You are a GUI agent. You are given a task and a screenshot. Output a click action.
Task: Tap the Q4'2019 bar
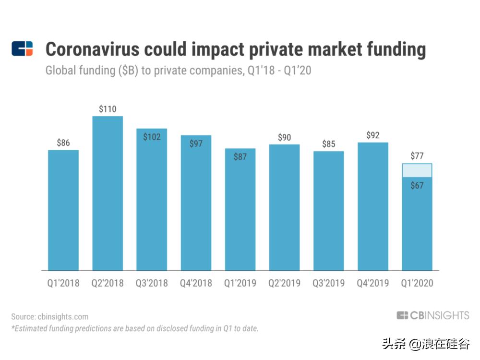pos(372,206)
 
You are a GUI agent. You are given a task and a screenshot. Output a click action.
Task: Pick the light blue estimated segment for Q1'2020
pos(417,170)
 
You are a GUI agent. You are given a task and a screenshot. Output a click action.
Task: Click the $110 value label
pos(108,109)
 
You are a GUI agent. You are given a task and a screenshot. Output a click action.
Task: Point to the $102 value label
pos(152,137)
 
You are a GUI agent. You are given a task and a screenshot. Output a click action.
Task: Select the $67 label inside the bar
pos(417,185)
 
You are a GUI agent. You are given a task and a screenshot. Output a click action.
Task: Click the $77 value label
pos(417,156)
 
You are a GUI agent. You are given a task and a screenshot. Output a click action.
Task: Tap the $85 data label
pos(329,144)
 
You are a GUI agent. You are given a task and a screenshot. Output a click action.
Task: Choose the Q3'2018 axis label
pos(152,283)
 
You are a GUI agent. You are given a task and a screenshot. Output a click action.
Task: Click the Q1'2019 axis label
pos(240,283)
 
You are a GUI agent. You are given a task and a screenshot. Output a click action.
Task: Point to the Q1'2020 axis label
pos(417,283)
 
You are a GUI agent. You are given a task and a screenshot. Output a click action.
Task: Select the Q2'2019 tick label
pos(284,283)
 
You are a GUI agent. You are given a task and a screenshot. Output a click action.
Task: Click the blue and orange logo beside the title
pos(22,48)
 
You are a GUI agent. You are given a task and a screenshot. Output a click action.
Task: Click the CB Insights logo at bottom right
pos(433,315)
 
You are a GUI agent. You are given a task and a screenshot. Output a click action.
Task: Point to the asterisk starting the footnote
pos(12,328)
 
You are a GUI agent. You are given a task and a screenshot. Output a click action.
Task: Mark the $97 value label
pos(196,144)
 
